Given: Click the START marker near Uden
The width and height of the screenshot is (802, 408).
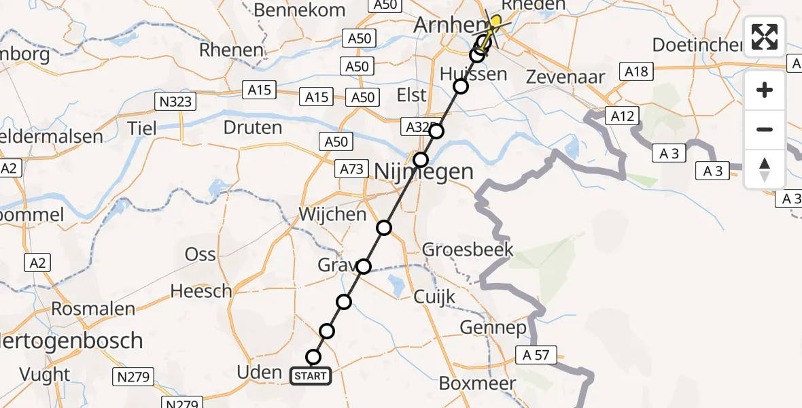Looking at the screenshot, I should tap(311, 375).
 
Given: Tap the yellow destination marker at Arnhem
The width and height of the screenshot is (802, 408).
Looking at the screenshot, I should tap(495, 22).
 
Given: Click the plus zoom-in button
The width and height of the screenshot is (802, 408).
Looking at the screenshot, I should tap(765, 90).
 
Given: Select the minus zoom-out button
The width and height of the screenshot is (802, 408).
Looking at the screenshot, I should tap(765, 129).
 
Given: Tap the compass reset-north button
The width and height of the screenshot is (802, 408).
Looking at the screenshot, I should tap(765, 169).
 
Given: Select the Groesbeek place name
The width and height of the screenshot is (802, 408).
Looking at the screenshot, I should tap(468, 249).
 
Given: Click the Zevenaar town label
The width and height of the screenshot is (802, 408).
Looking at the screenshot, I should tap(565, 77).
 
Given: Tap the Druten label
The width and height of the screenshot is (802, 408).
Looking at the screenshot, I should tap(252, 127).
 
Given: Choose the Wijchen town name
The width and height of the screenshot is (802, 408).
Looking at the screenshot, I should tap(332, 215).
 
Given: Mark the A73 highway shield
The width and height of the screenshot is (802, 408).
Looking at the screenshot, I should tap(352, 169).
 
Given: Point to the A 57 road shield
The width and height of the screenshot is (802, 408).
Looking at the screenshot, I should tap(541, 354).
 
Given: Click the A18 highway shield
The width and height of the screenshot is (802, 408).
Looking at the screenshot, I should tap(636, 71).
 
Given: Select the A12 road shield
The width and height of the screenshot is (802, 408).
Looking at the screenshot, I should tap(622, 116).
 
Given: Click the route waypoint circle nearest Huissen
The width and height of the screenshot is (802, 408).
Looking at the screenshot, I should tap(461, 86).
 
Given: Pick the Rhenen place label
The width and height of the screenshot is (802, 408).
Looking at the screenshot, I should tap(231, 50).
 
